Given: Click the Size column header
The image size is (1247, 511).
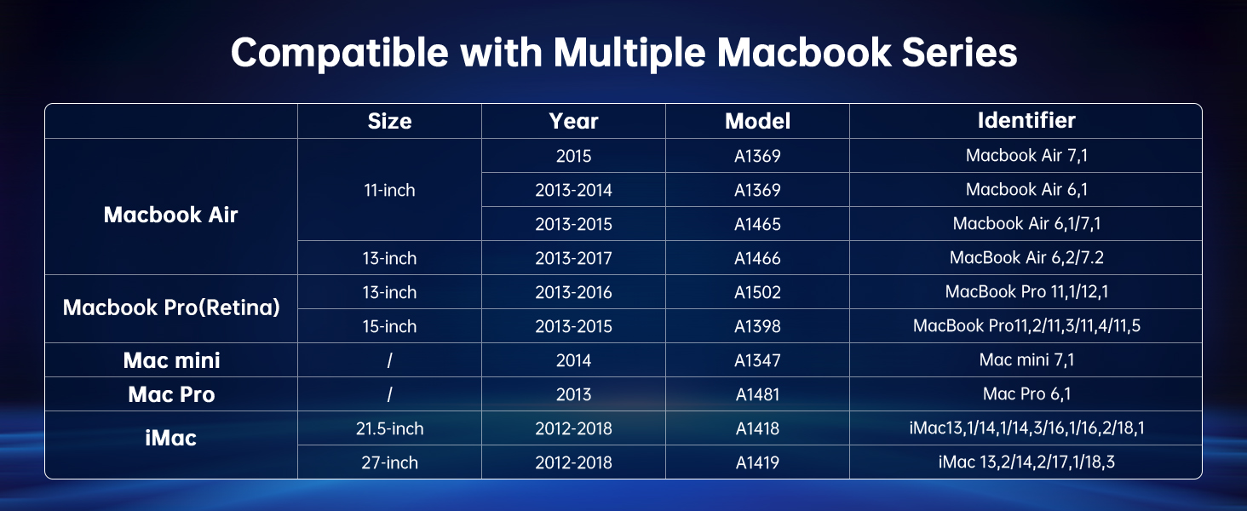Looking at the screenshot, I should [x=389, y=121].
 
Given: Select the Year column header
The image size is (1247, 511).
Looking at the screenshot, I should [x=573, y=121].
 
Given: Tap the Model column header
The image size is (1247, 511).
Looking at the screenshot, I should [x=757, y=121].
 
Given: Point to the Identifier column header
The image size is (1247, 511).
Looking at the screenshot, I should [x=1026, y=120].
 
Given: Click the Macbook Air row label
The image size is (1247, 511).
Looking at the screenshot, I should [x=170, y=215].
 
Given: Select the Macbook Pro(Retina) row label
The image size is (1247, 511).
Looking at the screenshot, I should [x=171, y=307].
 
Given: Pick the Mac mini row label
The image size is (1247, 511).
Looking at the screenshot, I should [x=171, y=360].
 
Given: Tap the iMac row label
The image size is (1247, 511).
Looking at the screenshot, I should [x=171, y=438].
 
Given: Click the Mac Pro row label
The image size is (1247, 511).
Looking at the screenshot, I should [x=171, y=394].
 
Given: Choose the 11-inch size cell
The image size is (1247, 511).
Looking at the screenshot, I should [x=389, y=190].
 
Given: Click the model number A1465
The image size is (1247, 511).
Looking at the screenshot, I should [x=757, y=224].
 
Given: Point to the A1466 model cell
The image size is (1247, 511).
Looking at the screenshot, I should [x=757, y=258].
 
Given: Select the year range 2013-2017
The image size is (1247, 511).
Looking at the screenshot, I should [x=573, y=258].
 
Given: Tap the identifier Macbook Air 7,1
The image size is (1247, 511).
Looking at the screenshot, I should [x=1026, y=156].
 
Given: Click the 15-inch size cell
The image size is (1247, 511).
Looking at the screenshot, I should [x=389, y=326].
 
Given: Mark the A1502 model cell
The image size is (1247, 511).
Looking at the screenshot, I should [x=757, y=292].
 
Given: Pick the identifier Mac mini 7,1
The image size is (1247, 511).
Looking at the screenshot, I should [x=1026, y=360].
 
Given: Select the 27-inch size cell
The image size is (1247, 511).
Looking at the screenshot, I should [x=389, y=462].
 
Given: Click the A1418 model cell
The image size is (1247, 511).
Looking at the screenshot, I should [x=757, y=428].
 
